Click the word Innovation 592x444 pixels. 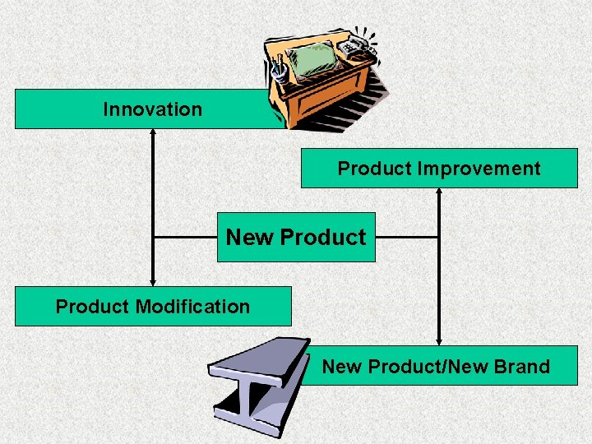[x=152, y=109]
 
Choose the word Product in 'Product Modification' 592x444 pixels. [x=93, y=307]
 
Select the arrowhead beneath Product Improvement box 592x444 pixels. [x=439, y=193]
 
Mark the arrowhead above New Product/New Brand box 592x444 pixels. [x=439, y=340]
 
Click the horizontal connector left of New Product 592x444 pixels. [x=185, y=238]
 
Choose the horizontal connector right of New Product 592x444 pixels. [x=407, y=238]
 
